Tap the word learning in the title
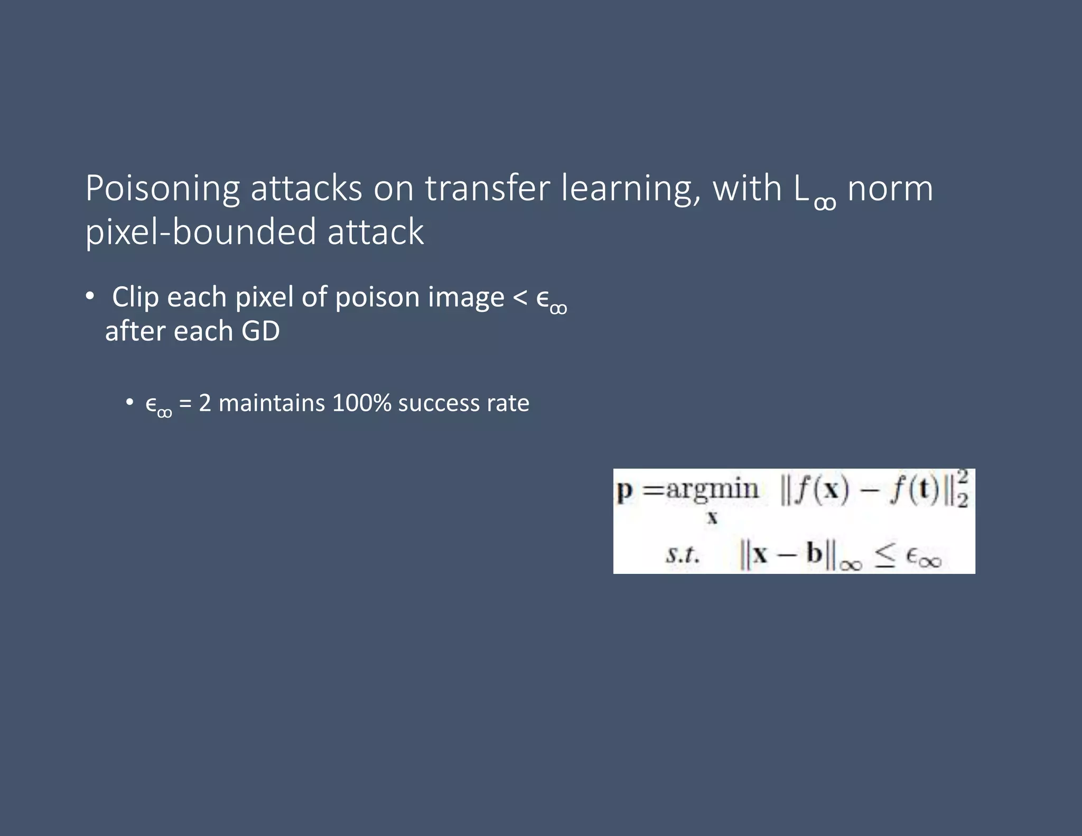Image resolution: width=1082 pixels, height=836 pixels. click(630, 189)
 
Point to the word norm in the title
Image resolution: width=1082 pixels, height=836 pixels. click(890, 189)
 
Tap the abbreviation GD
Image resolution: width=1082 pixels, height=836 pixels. click(260, 331)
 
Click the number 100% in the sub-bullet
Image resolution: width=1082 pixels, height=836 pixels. click(362, 403)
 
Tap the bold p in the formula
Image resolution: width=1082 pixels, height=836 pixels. click(624, 491)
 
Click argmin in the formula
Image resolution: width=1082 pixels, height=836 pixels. click(712, 489)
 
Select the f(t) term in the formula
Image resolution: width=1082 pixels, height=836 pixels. click(915, 490)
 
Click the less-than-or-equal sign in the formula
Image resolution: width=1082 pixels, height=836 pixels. click(884, 556)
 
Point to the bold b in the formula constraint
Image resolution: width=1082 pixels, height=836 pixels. click(814, 553)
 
